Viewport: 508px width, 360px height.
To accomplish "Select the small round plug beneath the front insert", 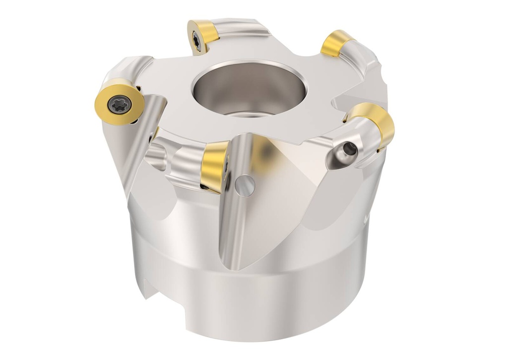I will pos(245,185).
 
